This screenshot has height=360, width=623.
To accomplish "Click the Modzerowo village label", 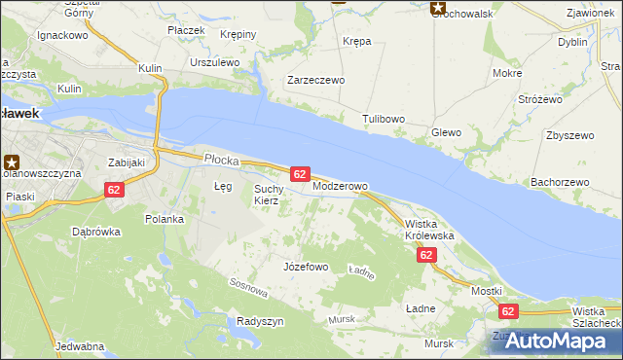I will (x=340, y=186).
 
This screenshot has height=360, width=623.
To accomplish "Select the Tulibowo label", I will (x=384, y=119).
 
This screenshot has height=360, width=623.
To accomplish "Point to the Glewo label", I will (x=446, y=132).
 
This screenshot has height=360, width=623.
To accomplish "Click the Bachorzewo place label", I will (x=560, y=182).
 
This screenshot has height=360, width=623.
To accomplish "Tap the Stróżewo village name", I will (x=540, y=99).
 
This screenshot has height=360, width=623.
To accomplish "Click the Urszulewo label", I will (x=215, y=61).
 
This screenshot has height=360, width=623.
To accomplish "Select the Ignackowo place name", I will (x=62, y=35).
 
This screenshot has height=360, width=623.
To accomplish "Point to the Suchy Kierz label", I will (x=267, y=195).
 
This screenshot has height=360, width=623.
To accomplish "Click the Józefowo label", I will (x=305, y=266).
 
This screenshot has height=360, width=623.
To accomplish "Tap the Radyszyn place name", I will (x=260, y=321).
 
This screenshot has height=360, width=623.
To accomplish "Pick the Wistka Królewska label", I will (x=429, y=230).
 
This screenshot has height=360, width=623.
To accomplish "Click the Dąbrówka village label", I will (x=95, y=232).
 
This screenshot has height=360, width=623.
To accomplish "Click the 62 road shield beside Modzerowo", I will (x=300, y=173).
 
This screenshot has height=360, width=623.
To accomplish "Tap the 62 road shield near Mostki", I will (x=508, y=310).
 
